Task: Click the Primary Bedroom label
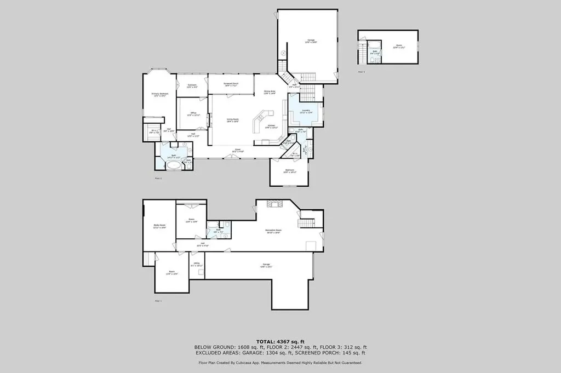coord(159,94)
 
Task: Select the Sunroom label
coord(192,86)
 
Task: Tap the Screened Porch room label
coord(231,85)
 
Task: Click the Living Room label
coord(232,120)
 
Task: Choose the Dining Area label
coord(270,92)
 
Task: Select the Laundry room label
coord(307,110)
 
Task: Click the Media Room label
coord(159,226)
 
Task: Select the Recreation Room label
coord(273,231)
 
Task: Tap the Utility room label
coord(196,265)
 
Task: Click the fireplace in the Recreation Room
coord(273,204)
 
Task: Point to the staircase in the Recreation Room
coord(306,223)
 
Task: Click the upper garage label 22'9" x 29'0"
coord(311,41)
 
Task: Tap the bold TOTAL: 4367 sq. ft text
coord(280,342)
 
